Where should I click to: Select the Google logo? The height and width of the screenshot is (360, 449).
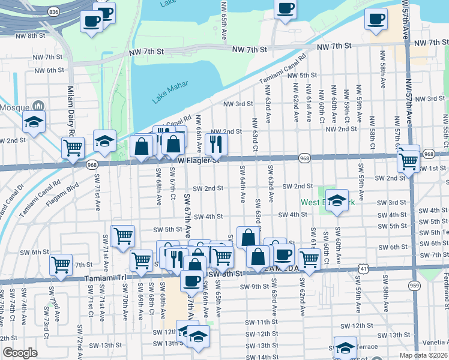(x=20, y=353)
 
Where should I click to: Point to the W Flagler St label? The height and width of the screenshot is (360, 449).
(x=199, y=160)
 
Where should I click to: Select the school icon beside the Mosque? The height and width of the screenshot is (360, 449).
(x=34, y=122)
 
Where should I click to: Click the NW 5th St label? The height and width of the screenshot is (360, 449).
(x=301, y=75)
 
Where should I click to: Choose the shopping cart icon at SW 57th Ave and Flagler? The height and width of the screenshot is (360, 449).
(x=409, y=160)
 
